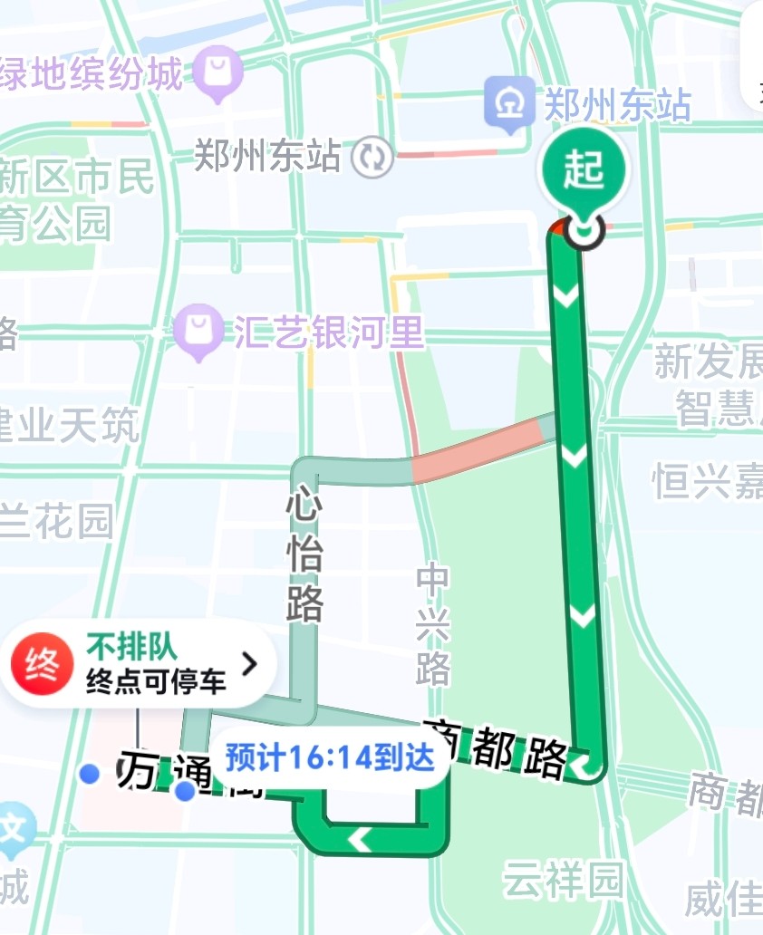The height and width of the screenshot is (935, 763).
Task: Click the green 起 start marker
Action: click(584, 170)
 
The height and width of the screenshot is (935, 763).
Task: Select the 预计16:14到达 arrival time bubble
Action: click(330, 757)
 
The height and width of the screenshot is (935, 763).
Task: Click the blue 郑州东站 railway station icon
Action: click(508, 103)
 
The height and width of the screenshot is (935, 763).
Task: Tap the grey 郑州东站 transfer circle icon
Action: click(372, 157)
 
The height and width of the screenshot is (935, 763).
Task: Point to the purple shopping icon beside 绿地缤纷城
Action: click(218, 72)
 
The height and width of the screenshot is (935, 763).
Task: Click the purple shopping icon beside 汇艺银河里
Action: click(199, 330)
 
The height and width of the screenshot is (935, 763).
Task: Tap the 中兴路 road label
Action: click(433, 624)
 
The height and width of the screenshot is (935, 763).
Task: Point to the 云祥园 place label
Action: click(564, 879)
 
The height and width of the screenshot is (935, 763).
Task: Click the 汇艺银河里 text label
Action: click(330, 333)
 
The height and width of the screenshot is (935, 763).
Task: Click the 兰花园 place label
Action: click(56, 522)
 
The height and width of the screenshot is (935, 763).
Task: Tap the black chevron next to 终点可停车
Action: click(249, 664)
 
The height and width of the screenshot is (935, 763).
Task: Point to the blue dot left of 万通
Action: click(89, 773)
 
